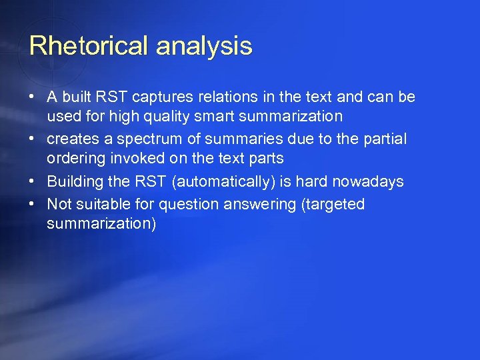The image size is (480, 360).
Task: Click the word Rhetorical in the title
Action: click(x=89, y=46)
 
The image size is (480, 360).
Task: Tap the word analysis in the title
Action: click(x=204, y=46)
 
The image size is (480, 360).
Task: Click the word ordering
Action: click(x=73, y=159)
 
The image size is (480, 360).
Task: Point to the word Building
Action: click(x=74, y=181)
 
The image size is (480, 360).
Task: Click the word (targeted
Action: click(x=333, y=204)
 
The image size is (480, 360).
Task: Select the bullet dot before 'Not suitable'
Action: click(x=31, y=204)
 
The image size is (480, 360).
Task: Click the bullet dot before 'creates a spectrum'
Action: click(x=31, y=139)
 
